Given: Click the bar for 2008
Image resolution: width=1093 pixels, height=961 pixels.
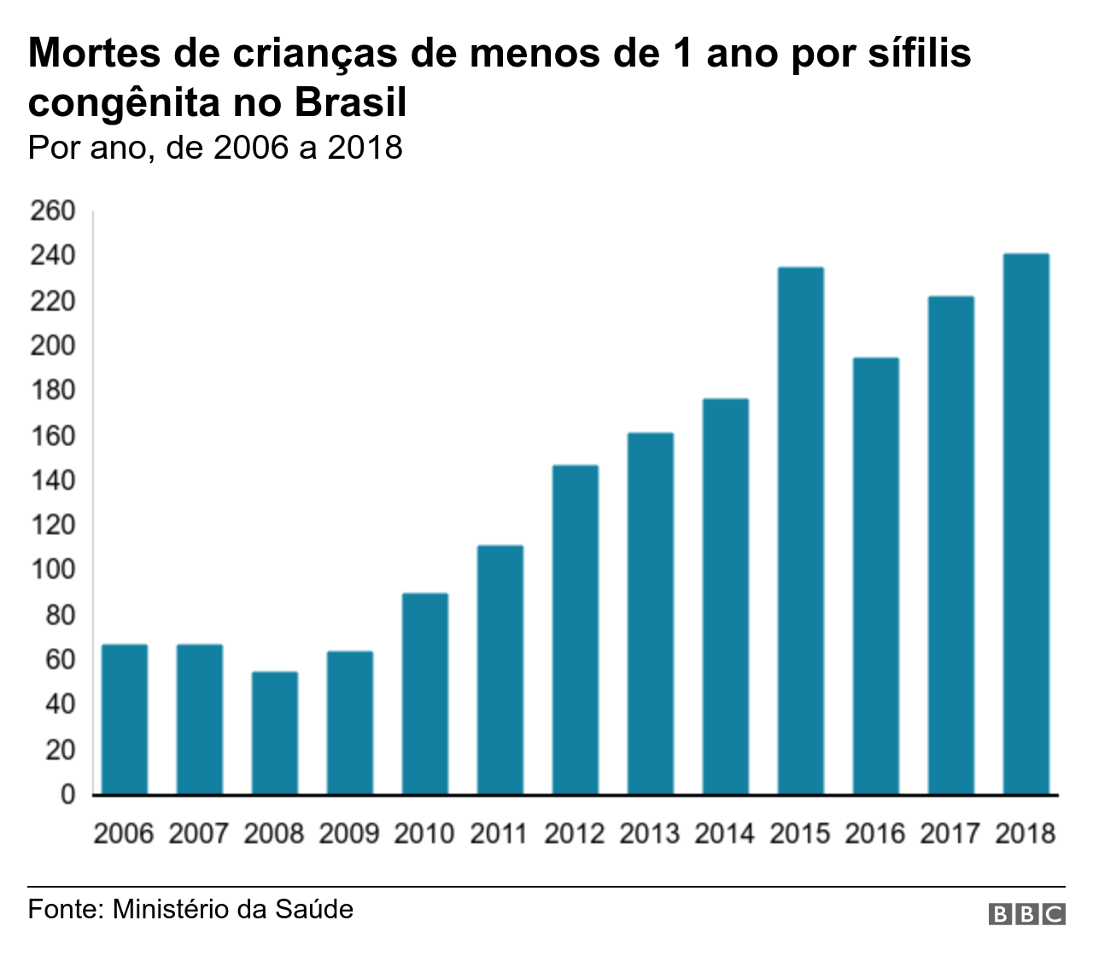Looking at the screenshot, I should (275, 733).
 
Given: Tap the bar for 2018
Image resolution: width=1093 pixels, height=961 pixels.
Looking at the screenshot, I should (1026, 524).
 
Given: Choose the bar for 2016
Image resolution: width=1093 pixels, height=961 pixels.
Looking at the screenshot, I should (876, 576).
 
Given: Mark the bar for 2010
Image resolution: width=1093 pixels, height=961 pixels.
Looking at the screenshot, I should (425, 694).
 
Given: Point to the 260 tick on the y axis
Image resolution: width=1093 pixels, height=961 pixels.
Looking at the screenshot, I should (53, 211).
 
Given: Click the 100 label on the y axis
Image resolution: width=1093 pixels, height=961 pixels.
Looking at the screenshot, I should (53, 570).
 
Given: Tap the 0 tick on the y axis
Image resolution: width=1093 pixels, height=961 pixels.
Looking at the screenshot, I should (67, 795).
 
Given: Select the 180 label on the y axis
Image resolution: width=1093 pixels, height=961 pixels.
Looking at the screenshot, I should (53, 391).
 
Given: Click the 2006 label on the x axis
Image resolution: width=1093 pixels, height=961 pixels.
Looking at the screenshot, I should (124, 833).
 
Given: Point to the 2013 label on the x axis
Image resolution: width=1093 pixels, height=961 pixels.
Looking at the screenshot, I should (650, 833).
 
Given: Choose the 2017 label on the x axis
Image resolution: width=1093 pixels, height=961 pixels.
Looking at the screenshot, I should (950, 833).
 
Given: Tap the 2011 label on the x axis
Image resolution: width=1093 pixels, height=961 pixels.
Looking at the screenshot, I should (500, 833).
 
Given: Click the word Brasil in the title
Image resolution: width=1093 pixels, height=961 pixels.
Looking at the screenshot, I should (351, 103).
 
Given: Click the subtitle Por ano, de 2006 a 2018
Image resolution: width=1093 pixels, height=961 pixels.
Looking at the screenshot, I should (215, 148).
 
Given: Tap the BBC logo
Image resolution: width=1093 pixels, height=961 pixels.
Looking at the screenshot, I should (1026, 913).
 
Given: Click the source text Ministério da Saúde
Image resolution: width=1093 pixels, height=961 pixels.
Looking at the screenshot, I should (232, 909).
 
